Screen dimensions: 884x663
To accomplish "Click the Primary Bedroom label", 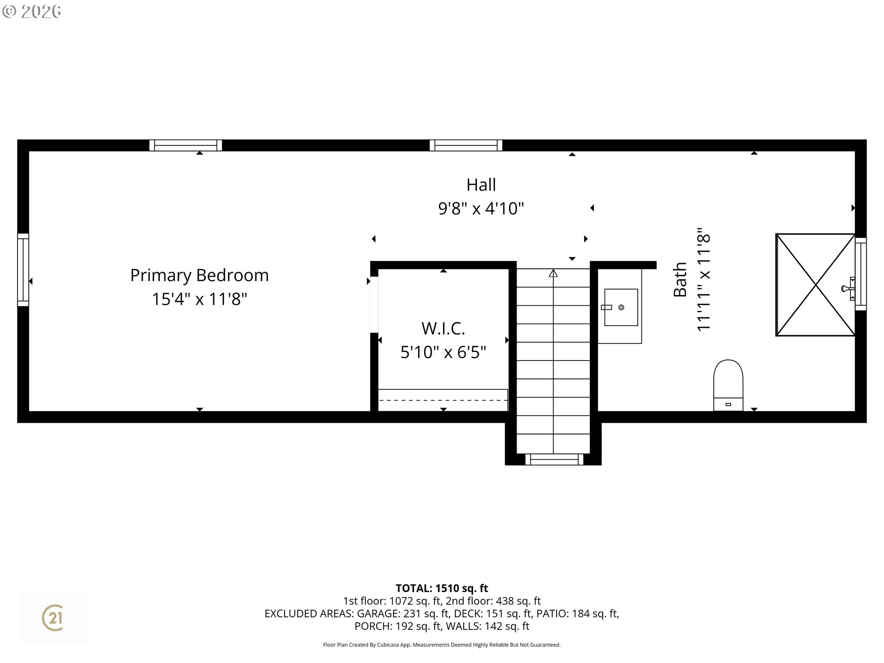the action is [x=199, y=275].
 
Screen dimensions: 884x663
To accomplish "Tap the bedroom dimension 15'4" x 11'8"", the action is [x=199, y=299].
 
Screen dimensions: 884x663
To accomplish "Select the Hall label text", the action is [x=481, y=185].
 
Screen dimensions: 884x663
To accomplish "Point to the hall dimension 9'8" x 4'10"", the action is [x=481, y=208].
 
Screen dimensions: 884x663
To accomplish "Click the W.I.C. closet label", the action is [x=443, y=328].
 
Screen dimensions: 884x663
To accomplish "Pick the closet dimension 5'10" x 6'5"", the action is [x=443, y=352].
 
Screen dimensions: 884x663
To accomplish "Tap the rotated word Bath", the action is [x=680, y=279].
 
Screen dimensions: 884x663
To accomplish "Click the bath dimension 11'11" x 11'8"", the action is [x=704, y=279].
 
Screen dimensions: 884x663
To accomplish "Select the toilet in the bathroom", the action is [x=728, y=385].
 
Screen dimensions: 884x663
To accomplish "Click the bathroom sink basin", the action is [x=621, y=307].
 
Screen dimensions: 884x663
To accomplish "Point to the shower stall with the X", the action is [x=815, y=285].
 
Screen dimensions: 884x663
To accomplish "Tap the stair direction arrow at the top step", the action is [x=553, y=273].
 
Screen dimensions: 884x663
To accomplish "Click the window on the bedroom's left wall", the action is [x=23, y=270].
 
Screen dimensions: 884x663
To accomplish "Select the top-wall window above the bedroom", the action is [x=186, y=145].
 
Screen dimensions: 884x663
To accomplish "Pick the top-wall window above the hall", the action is [x=466, y=145].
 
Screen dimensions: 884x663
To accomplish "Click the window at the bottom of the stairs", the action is [x=554, y=459].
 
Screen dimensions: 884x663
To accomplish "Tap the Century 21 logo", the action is [x=53, y=617].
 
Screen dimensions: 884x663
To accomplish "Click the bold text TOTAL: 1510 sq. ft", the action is [x=442, y=588].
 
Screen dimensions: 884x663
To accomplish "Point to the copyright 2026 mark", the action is [x=32, y=12].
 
